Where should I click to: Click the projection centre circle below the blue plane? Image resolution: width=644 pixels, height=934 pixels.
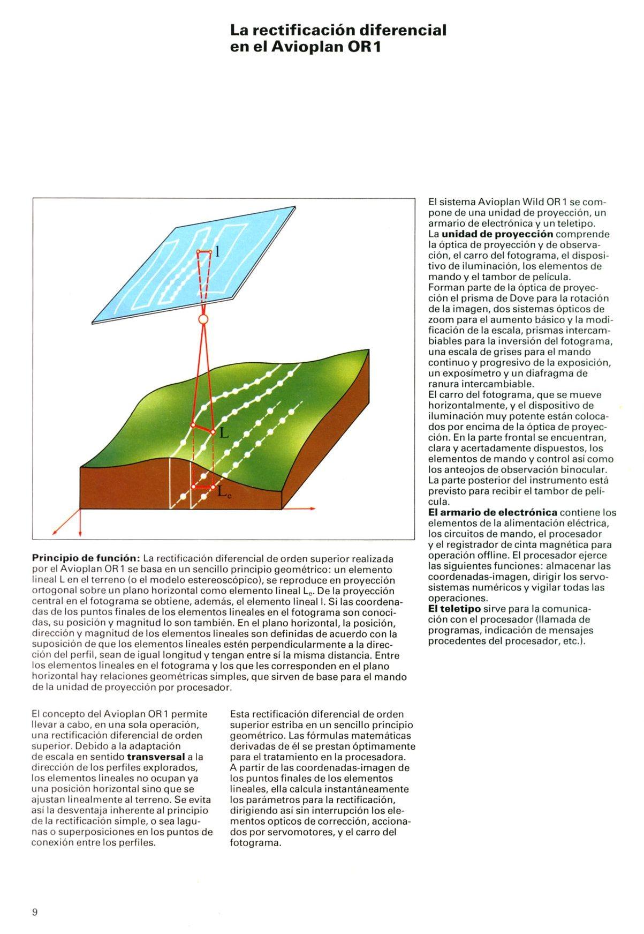[202, 320]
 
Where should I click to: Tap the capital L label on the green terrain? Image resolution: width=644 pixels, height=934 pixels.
[224, 434]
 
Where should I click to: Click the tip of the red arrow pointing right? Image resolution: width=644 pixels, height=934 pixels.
[315, 508]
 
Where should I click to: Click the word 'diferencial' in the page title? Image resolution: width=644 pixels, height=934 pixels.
[407, 30]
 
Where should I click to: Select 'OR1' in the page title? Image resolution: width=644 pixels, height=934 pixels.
[364, 47]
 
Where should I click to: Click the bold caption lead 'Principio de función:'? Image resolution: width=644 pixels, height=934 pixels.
[86, 559]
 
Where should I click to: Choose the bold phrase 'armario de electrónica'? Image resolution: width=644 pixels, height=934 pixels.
[493, 512]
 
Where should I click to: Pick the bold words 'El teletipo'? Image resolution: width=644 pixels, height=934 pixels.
[454, 609]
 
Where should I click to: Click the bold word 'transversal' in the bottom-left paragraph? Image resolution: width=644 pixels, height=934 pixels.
[154, 757]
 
